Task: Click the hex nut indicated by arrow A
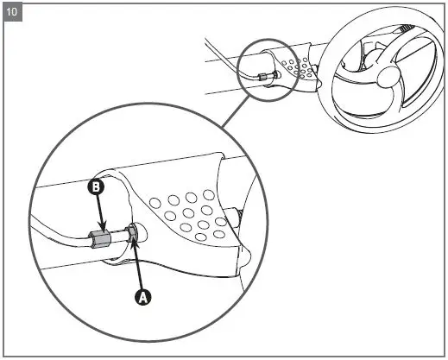pyautogui.click(x=134, y=233)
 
